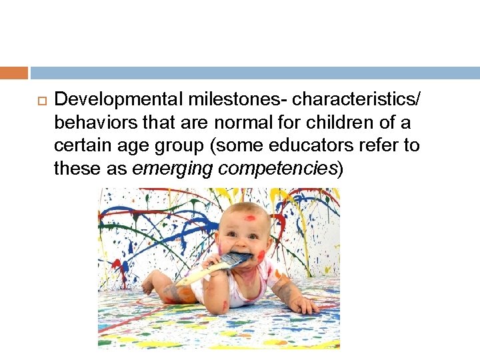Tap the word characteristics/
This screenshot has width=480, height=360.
(x=357, y=100)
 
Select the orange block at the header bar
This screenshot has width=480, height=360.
(x=14, y=73)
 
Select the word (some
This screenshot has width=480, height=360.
(x=249, y=145)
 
